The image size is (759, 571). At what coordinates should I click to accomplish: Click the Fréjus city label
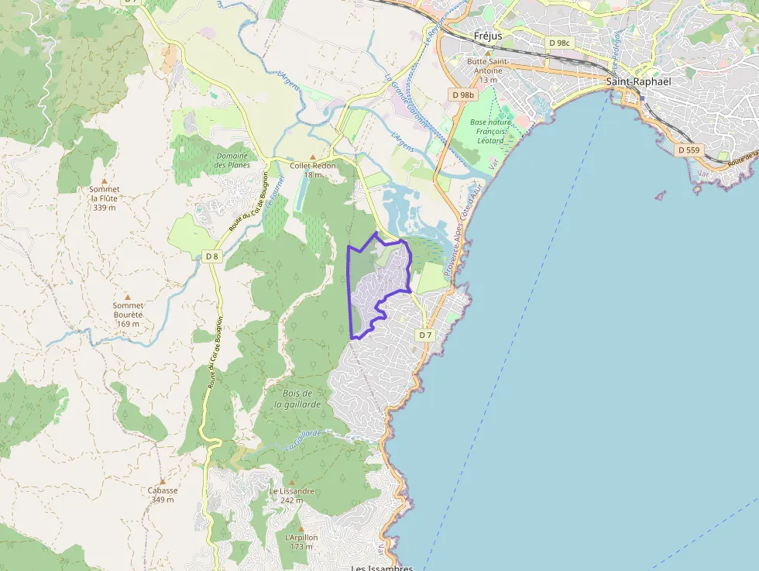tap(488, 36)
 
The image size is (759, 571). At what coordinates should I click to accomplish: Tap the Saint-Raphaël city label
tap(638, 81)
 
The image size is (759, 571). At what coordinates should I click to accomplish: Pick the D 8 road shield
tap(212, 256)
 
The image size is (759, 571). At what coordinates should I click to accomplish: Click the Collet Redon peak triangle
tap(313, 157)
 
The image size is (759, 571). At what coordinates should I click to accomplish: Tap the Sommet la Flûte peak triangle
tap(105, 181)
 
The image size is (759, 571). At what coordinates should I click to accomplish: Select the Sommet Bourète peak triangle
tap(128, 296)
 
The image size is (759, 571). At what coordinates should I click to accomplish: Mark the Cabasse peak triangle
tap(163, 481)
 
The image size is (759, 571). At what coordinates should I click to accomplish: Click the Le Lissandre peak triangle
tap(292, 482)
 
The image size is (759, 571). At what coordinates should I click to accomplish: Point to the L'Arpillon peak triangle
tap(301, 528)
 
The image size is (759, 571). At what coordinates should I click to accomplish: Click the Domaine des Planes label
tap(232, 160)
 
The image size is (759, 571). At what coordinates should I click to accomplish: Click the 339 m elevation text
tap(105, 208)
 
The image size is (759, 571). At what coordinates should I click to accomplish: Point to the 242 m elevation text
tap(292, 500)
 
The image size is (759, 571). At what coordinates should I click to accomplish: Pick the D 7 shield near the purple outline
tap(424, 335)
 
